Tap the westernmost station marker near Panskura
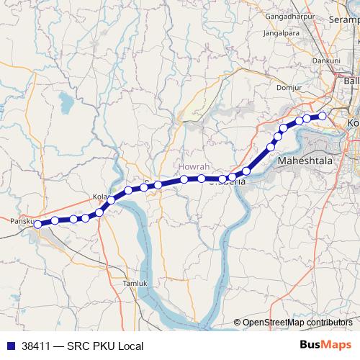[x=38, y=224]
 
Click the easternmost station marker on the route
[x=323, y=116]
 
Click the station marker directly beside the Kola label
[x=112, y=199]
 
